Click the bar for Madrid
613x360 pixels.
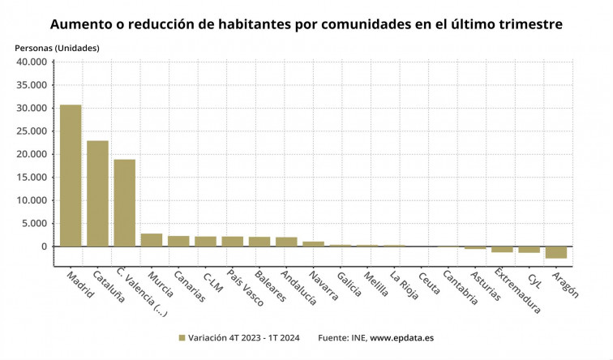71,175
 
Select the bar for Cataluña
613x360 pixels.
97,193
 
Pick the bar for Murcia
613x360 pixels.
152,240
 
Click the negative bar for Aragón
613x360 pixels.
555,252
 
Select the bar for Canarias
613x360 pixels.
178,241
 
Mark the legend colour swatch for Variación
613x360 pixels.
182,337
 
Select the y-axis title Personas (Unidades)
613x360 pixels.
58,48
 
